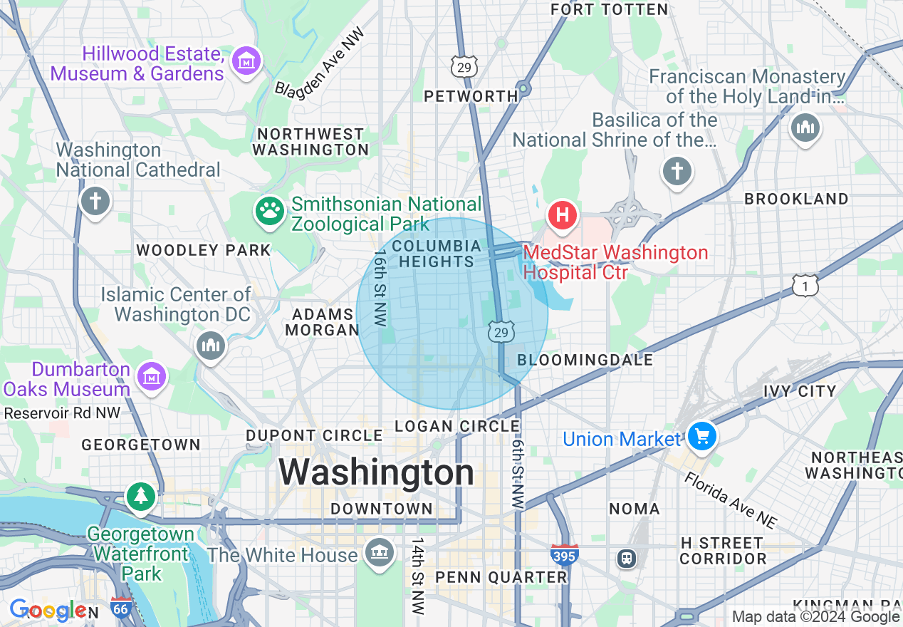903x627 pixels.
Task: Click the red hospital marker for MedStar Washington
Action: [562, 214]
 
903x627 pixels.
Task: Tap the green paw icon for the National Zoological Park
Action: [270, 210]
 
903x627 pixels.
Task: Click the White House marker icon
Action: [380, 551]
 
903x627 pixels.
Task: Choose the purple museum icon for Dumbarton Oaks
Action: [151, 376]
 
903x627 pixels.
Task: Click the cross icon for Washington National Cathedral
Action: [94, 201]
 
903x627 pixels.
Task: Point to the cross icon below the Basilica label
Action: [677, 172]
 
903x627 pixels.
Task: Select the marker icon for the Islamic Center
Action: [210, 346]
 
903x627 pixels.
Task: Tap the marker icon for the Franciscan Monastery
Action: [805, 128]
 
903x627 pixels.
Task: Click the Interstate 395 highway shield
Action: [563, 555]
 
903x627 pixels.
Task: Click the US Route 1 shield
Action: [805, 286]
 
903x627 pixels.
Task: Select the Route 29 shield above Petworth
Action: [464, 67]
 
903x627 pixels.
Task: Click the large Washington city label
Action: [376, 472]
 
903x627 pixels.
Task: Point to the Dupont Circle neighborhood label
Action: [314, 435]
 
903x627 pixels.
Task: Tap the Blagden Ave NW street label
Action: [320, 63]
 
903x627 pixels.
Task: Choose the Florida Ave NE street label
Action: [731, 500]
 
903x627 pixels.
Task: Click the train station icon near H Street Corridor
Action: [627, 558]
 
